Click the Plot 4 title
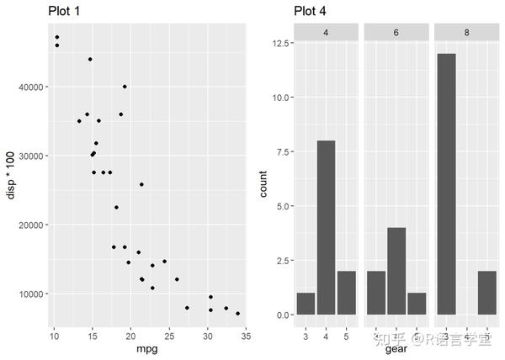point(310,10)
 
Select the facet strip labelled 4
point(325,31)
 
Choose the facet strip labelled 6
point(396,31)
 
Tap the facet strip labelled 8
point(466,31)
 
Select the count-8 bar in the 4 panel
point(326,227)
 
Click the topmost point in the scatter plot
point(56,37)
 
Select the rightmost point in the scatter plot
point(238,314)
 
